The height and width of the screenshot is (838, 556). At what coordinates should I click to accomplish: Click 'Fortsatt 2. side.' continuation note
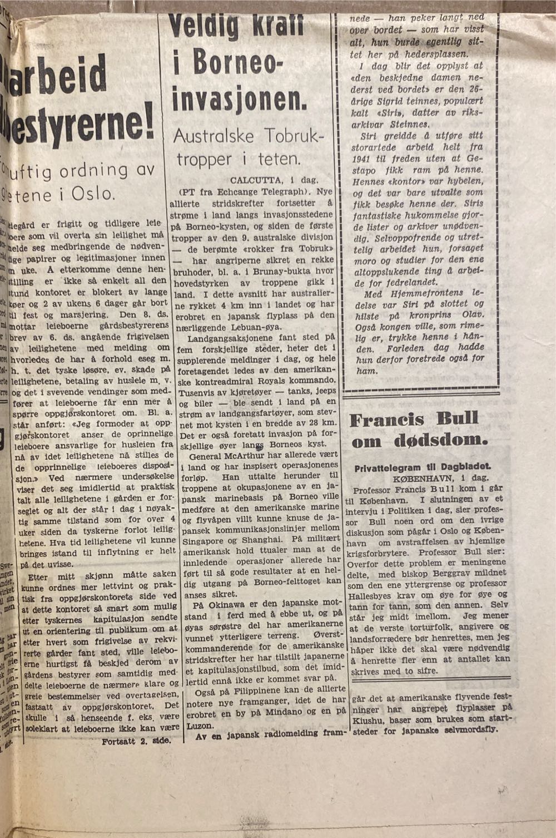pos(137,742)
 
